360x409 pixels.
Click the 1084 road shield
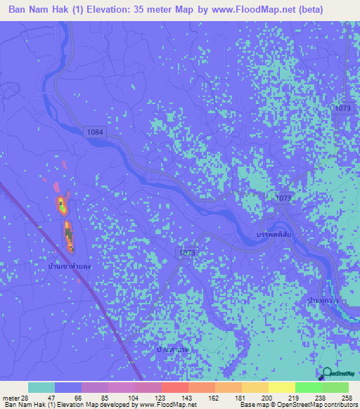94,131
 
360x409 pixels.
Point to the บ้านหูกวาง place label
323,300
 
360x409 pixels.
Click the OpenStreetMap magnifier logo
327,374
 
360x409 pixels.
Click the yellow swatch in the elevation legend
282,387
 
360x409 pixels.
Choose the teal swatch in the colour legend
41,387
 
